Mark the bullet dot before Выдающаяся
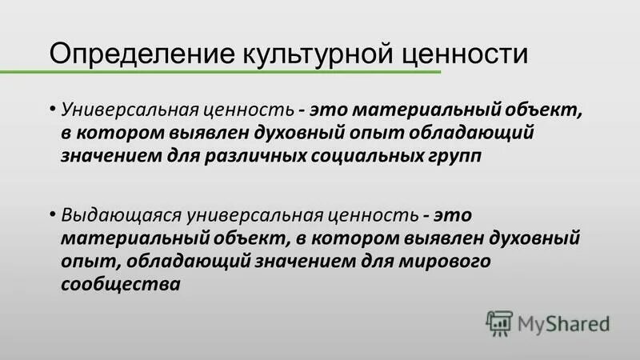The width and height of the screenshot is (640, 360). (x=52, y=214)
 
